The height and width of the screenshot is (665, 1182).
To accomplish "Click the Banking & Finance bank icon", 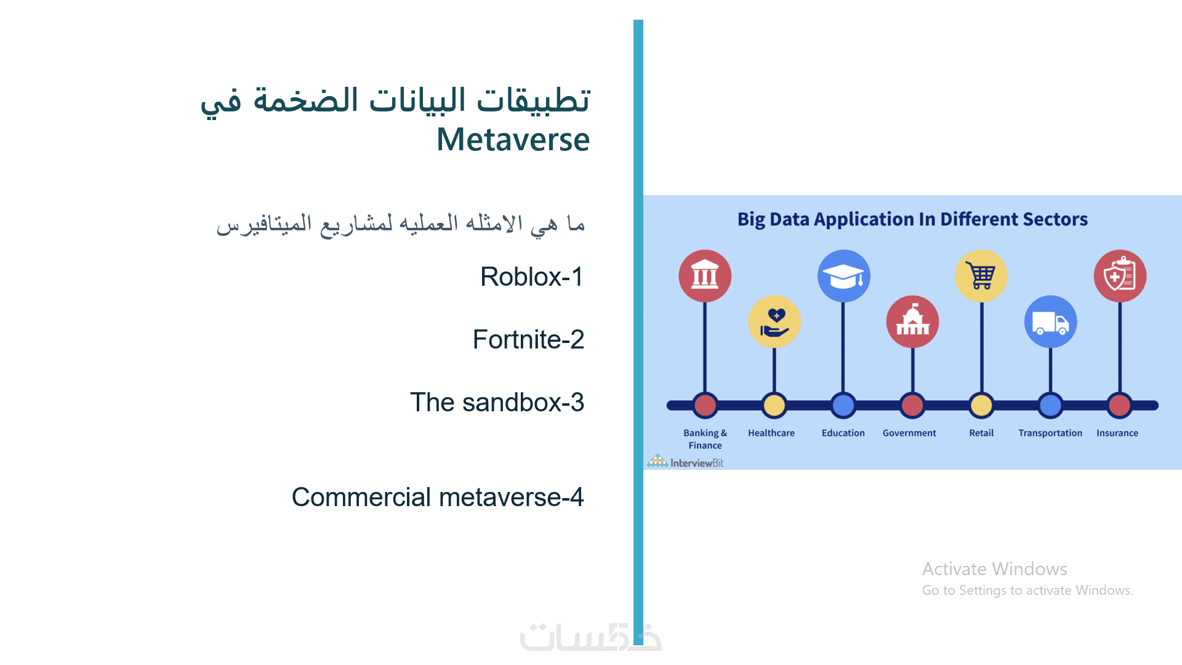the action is coord(705,276).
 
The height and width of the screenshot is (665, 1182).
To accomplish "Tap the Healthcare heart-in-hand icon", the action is coord(774,322).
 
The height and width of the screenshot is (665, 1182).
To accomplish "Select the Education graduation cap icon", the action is coord(843,276).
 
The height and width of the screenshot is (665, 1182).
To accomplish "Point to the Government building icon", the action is coord(912,322).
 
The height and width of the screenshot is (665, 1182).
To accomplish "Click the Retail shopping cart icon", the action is coord(981,276).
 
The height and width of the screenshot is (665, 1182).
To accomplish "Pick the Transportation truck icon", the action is coord(1051,322).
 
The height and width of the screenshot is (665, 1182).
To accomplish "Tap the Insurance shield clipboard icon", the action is coord(1120,276).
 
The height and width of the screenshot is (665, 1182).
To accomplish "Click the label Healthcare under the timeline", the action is coord(771,433).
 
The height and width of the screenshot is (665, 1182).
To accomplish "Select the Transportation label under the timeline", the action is coord(1050,433).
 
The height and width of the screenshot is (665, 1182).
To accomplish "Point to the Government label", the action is coord(909,433).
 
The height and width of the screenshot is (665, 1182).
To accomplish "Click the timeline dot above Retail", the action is coord(981,405).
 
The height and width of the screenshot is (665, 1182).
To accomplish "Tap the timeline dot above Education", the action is coord(843,405).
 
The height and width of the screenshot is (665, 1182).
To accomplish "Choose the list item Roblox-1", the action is coord(532,276).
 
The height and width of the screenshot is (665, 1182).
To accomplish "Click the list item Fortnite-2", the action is coord(528,339).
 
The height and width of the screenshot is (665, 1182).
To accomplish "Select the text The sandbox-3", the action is coord(497,402).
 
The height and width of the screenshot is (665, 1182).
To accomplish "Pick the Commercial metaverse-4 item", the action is coord(438,497).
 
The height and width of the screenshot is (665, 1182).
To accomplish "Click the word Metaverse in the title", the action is coord(513,139).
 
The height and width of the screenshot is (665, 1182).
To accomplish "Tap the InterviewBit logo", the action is coord(685,462).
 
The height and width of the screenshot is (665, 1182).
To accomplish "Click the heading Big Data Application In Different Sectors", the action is coord(912,219).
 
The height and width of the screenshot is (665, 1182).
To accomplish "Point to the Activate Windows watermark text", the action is coord(995,569).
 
